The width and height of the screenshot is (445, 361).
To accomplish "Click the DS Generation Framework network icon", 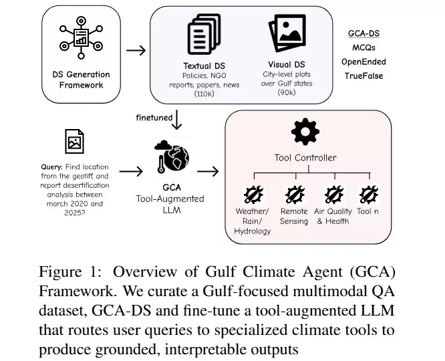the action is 81,37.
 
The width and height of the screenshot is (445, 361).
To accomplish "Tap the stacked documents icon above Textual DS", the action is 204,34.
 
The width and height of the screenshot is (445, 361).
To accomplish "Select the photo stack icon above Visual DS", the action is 287,33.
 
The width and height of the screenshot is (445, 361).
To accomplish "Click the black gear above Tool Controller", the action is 305,132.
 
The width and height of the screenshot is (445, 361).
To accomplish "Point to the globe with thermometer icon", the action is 172,156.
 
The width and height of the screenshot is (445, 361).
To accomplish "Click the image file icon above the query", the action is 74,142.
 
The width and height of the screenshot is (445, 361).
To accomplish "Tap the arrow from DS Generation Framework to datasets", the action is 136,51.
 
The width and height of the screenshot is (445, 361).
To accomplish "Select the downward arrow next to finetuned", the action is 177,120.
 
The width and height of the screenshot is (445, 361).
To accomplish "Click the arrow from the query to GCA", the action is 131,172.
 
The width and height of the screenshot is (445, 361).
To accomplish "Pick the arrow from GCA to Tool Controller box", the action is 208,172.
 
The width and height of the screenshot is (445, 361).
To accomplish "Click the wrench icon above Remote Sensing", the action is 295,195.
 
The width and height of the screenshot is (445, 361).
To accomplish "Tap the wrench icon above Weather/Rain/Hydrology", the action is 253,195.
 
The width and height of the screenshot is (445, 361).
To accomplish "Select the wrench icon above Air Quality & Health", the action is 334,195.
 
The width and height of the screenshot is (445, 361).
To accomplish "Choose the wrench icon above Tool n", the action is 369,195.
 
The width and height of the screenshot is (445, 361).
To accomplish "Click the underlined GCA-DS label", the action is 364,33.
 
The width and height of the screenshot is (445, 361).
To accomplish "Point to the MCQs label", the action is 364,47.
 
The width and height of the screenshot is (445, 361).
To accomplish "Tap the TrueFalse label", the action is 364,76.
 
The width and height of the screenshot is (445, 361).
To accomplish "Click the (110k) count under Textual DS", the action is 204,94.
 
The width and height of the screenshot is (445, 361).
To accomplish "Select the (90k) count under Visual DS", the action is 287,92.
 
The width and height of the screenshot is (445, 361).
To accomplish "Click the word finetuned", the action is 154,118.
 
